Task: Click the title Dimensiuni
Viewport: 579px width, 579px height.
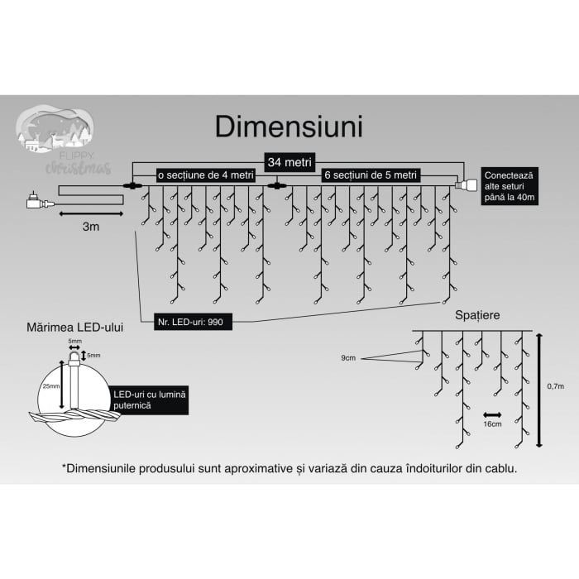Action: coord(289,127)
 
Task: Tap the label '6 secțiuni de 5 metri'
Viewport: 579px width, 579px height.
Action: coord(371,175)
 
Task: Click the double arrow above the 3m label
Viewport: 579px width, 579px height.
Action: coord(91,213)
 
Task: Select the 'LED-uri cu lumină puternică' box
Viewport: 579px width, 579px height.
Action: coord(150,401)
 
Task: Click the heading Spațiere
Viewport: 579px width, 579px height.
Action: coord(476,315)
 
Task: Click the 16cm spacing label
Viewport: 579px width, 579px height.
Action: coord(493,423)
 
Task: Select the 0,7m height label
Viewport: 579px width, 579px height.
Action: coord(556,386)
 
